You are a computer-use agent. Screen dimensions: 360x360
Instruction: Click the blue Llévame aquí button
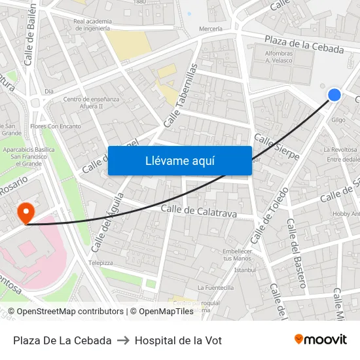179,160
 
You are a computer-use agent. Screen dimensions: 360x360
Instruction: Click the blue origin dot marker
334,95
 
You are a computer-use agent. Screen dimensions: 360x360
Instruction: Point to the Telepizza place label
101,262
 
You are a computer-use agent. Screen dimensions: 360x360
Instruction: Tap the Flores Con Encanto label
56,126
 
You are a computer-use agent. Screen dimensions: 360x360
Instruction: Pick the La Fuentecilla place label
215,287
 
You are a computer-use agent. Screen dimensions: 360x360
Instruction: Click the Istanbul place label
244,270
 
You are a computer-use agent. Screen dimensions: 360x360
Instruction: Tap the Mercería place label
211,29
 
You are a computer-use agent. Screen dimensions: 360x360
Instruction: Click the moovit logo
320,340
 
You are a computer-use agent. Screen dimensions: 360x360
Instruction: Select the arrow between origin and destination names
123,340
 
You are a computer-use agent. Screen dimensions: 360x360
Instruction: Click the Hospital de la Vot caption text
178,340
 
